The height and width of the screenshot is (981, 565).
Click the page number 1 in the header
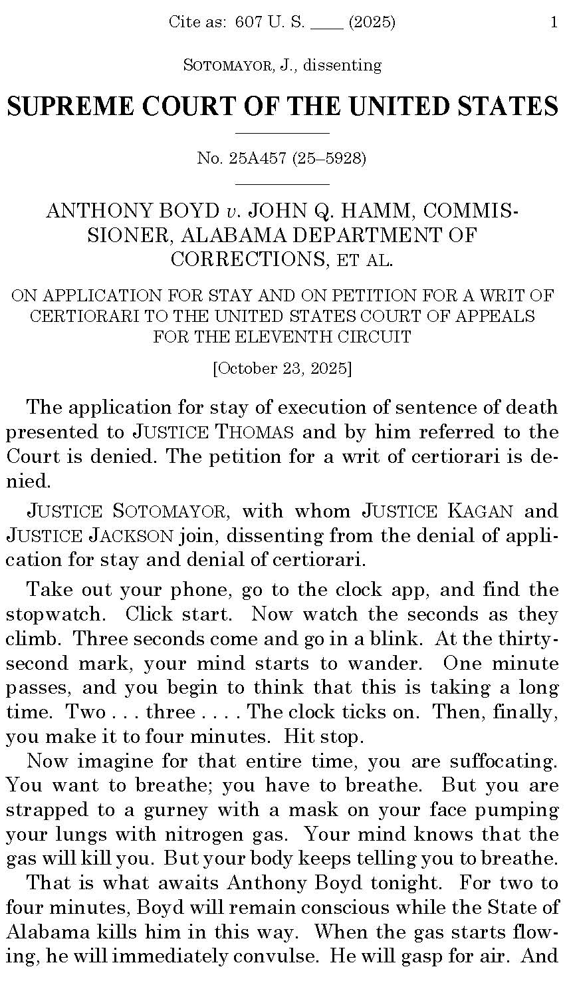coord(554,23)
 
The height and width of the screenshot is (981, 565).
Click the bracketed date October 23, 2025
coord(282,368)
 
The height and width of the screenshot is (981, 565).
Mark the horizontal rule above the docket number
coord(282,133)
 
